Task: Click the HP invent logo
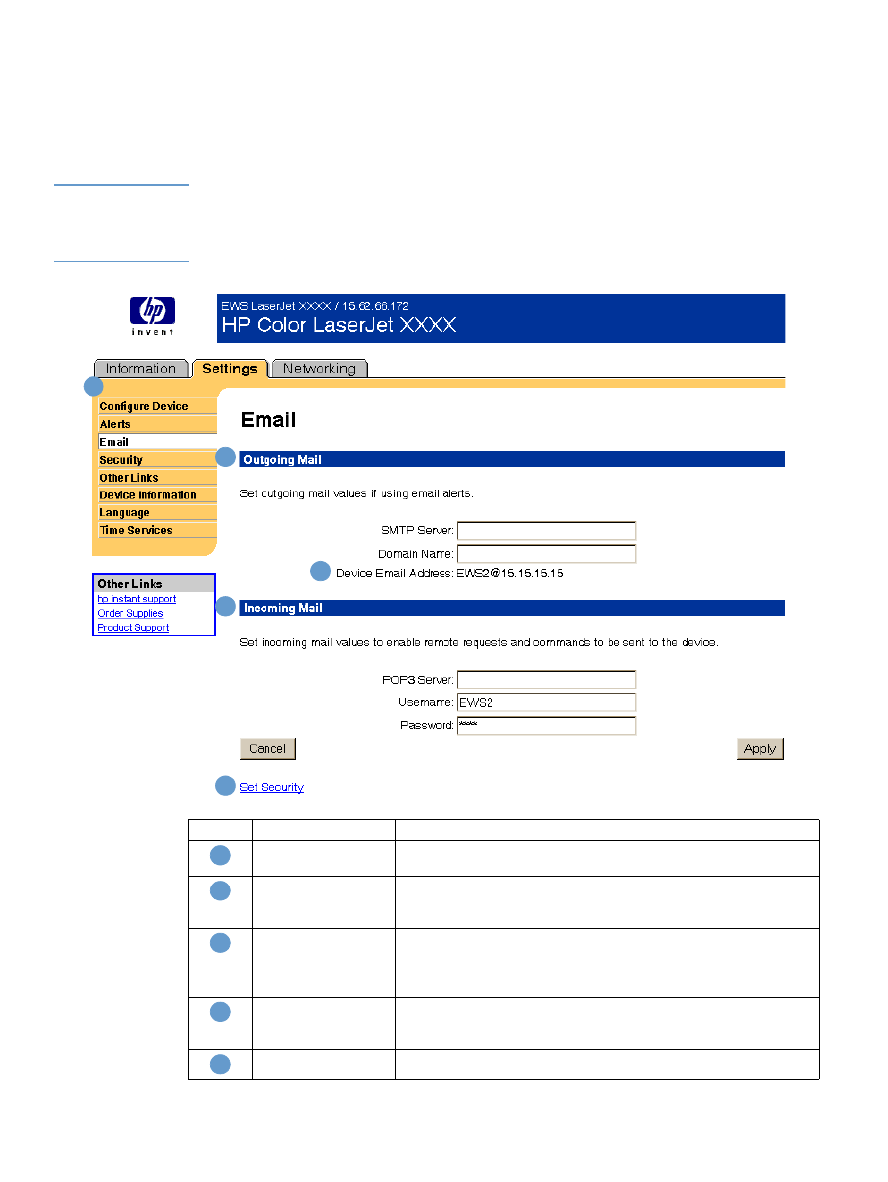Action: tap(152, 316)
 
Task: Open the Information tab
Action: tap(140, 369)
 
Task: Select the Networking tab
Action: tap(319, 369)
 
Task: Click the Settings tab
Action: tap(230, 369)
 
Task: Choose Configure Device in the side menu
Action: tap(144, 406)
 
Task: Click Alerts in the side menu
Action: tap(115, 424)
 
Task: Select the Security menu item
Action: tap(121, 460)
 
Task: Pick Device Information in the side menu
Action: tap(148, 495)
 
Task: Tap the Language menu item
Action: tap(124, 513)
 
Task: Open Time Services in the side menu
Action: tap(136, 531)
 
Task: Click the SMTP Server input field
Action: tap(546, 531)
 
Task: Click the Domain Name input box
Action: tap(546, 554)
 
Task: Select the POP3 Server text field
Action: tap(546, 680)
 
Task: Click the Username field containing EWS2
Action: tap(546, 702)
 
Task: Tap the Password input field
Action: tap(546, 725)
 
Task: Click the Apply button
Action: tap(760, 749)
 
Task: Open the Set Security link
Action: tap(271, 787)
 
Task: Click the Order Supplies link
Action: tap(130, 614)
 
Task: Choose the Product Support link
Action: tap(133, 628)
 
